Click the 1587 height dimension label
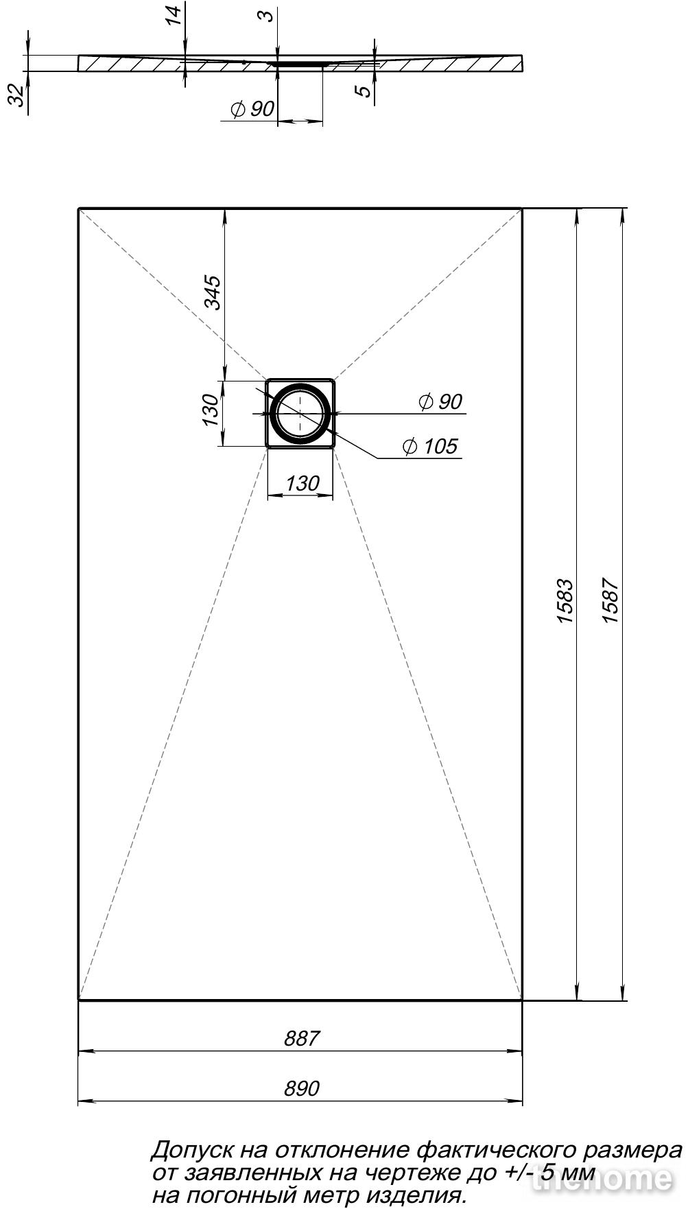click(x=610, y=602)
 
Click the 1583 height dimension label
click(x=565, y=602)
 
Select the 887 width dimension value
click(x=302, y=1038)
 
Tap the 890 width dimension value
click(x=302, y=1088)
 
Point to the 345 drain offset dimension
click(x=213, y=292)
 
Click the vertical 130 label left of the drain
click(x=211, y=410)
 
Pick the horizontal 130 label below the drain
click(x=302, y=483)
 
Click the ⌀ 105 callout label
click(x=429, y=447)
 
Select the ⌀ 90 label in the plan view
click(x=440, y=402)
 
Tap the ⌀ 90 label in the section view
click(x=252, y=109)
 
